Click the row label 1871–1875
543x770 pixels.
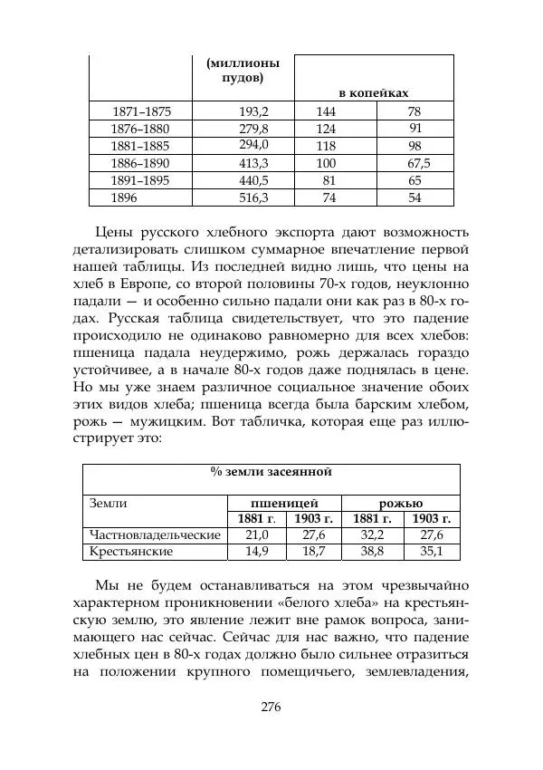coord(140,111)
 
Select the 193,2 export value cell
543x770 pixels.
coord(253,111)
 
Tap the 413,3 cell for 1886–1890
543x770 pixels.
coord(253,163)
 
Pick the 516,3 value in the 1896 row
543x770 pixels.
coord(253,197)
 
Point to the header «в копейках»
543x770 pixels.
coord(374,92)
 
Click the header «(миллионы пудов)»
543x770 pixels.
coord(243,71)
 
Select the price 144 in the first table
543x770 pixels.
coord(326,111)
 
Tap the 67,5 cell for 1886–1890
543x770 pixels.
coord(418,163)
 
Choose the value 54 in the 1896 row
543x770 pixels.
coord(414,197)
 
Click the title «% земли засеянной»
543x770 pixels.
coord(271,472)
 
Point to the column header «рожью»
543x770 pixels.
coord(400,502)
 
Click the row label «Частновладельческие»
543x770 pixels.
coord(152,534)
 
